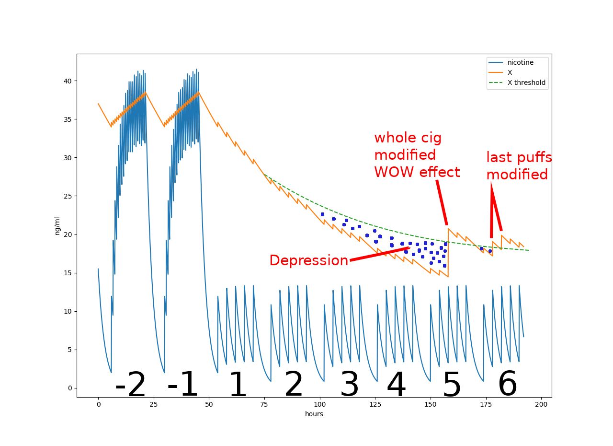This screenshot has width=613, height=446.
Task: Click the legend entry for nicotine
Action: tap(520, 62)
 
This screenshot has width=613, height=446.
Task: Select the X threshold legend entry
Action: tap(526, 82)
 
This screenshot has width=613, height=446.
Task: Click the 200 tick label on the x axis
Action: tap(541, 405)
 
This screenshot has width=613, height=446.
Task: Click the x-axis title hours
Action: tap(314, 414)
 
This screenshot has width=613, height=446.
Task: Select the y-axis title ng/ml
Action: tap(57, 225)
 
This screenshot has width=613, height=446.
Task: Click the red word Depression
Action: tap(308, 260)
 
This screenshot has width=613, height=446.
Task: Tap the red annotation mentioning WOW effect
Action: tap(417, 155)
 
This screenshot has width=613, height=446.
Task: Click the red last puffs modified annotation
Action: tap(519, 166)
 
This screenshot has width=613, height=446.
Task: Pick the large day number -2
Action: tap(130, 385)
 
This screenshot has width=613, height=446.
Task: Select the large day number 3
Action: tap(349, 385)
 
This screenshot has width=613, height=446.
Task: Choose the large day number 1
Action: tap(238, 385)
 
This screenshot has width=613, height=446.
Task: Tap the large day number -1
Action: tap(182, 385)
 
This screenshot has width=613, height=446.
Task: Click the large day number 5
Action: tap(452, 385)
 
